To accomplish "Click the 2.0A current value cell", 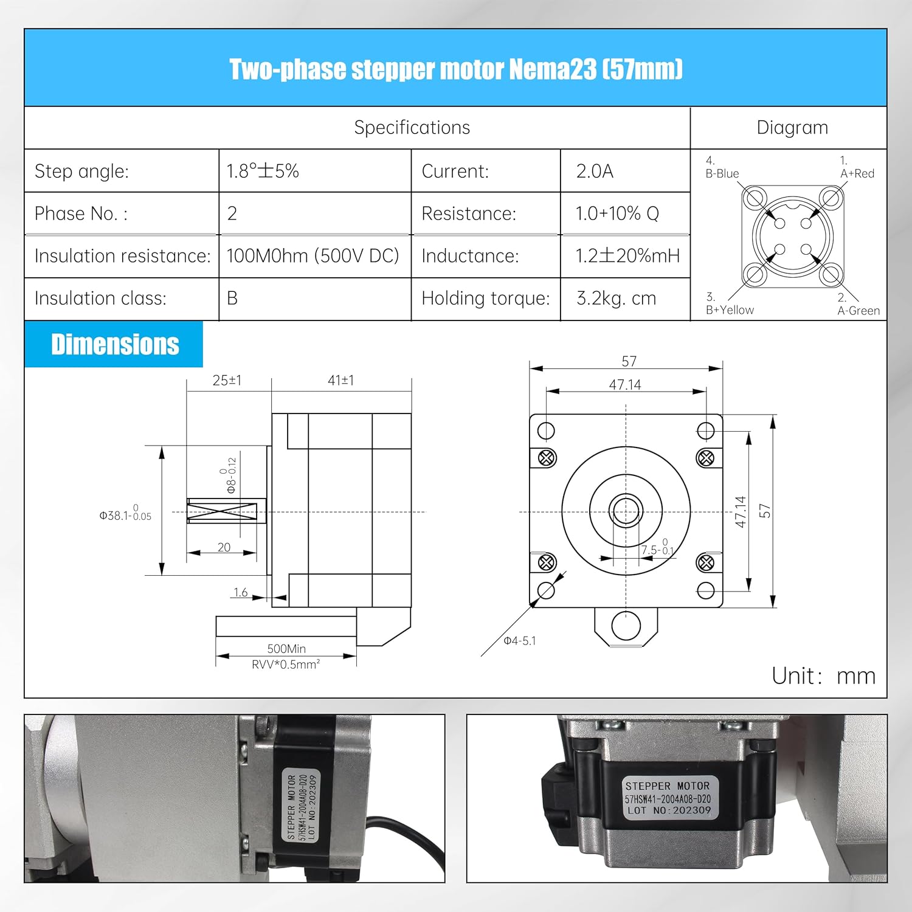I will [x=595, y=171].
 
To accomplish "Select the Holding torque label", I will [x=485, y=299].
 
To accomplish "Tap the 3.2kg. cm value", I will [x=616, y=299].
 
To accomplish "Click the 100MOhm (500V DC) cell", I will [x=313, y=256].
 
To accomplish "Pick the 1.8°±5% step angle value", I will [x=263, y=171].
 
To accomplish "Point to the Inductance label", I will [x=470, y=256].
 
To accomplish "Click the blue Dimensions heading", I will [x=115, y=344].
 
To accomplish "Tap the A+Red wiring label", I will [x=857, y=173].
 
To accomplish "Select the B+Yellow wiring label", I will [x=730, y=309].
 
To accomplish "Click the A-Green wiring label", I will [x=858, y=311].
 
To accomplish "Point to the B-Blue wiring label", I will [x=722, y=173].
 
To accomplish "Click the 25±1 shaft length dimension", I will [x=227, y=381].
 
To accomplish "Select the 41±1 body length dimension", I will [x=340, y=381].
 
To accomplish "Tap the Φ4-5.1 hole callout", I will [x=520, y=641].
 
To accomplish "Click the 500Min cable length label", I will [x=286, y=649].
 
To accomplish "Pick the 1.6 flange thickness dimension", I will [x=241, y=592].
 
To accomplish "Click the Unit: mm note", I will [x=823, y=676].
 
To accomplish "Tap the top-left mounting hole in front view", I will [x=546, y=431].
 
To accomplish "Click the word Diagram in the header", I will [x=792, y=128].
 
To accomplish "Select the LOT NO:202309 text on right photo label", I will [x=669, y=810].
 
